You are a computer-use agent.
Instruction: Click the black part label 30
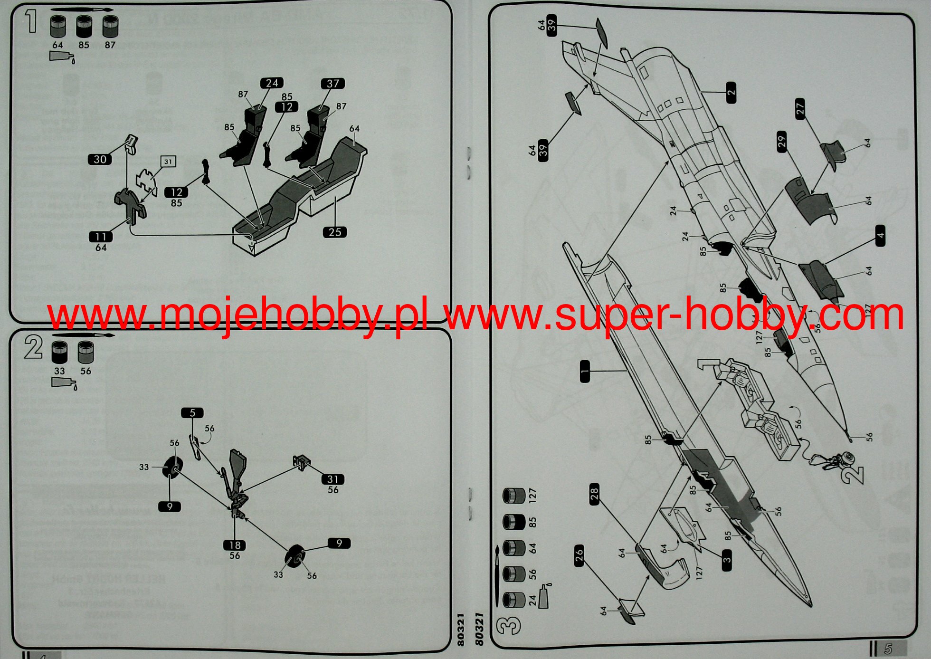point(100,159)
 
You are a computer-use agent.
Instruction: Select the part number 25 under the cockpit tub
point(335,232)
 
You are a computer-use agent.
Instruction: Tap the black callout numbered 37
point(332,84)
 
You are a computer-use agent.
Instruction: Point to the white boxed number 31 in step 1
point(168,162)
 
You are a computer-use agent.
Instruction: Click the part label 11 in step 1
point(101,237)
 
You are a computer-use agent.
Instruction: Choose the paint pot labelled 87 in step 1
point(110,27)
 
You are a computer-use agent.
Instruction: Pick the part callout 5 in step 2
point(192,413)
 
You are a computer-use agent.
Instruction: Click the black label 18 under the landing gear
point(235,545)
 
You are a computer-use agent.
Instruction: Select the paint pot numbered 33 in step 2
point(59,352)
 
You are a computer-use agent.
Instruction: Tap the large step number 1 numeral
point(31,21)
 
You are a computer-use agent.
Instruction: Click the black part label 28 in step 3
point(595,494)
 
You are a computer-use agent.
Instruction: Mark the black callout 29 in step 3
point(782,141)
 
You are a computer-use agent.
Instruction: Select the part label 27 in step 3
point(800,109)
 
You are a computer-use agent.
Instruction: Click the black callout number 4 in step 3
point(881,236)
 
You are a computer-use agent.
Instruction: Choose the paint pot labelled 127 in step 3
point(514,496)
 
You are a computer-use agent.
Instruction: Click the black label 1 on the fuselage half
point(585,371)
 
